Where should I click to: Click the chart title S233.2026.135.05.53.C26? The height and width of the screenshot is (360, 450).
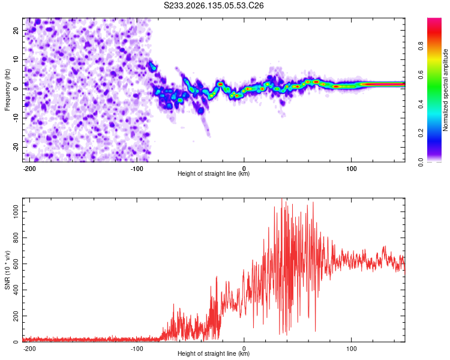214,5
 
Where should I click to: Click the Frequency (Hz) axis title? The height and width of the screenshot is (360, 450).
7,90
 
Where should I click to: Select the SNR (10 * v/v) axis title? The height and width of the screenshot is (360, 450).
7,270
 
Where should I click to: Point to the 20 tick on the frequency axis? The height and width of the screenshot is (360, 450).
16,30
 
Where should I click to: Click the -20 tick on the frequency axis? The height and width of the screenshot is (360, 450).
16,147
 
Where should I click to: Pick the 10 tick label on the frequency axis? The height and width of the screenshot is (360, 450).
16,59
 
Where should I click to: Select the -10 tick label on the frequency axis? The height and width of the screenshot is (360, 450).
16,118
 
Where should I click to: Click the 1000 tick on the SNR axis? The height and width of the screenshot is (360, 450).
16,212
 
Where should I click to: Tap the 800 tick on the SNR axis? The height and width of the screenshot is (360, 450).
16,238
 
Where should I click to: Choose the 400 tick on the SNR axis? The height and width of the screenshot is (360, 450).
16,290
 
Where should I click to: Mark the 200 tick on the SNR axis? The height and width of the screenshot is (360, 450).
16,316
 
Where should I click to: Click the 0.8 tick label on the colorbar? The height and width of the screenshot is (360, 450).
421,46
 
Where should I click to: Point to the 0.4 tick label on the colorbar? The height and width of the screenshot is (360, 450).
421,104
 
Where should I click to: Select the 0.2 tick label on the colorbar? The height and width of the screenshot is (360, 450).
421,133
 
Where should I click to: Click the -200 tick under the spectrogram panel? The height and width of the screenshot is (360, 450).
29,169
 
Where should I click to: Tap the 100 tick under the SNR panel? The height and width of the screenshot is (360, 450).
351,349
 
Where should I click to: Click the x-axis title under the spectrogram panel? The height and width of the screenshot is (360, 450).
214,173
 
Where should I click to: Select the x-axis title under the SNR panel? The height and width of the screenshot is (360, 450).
214,353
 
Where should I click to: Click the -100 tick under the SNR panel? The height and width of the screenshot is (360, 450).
137,349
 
